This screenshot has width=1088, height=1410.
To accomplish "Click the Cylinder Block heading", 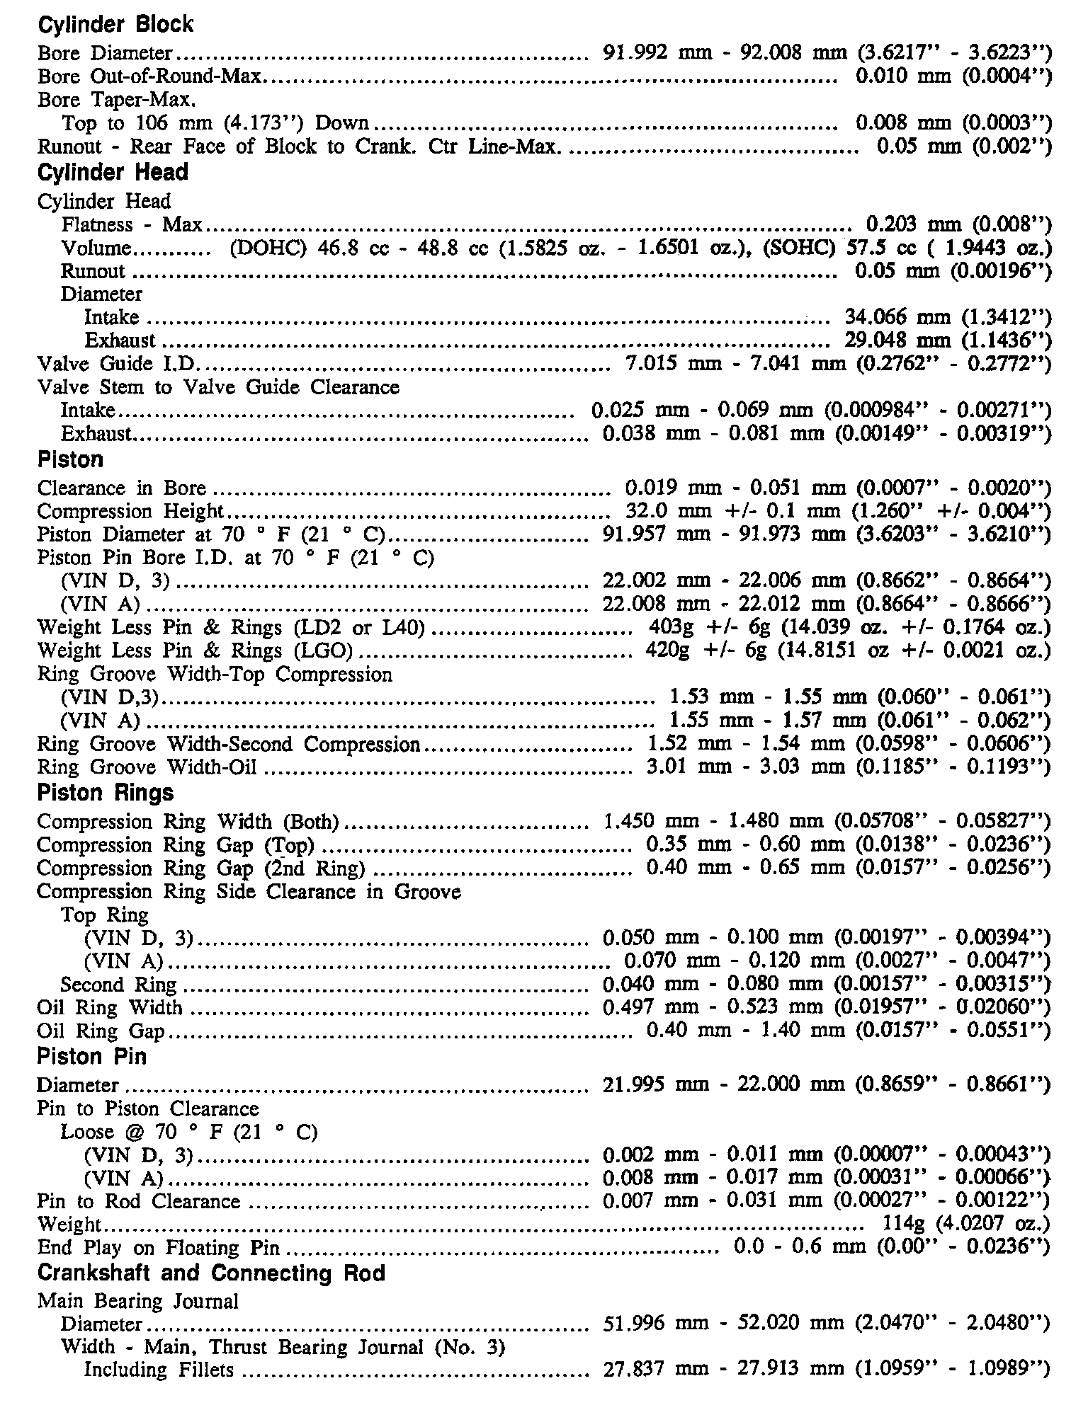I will click(x=115, y=25).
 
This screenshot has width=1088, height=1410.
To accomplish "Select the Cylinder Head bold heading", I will click(x=113, y=173).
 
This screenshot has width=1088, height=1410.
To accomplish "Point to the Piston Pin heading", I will click(x=91, y=1057).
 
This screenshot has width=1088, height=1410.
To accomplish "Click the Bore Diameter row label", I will click(x=105, y=53).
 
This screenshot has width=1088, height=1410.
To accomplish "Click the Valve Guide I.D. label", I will click(x=118, y=364).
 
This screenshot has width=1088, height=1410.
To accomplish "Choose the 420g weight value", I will click(x=664, y=650).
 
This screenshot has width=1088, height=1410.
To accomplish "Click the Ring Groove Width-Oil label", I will click(x=147, y=767).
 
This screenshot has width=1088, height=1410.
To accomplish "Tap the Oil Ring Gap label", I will click(x=101, y=1031).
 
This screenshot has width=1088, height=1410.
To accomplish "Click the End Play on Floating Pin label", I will click(x=159, y=1247).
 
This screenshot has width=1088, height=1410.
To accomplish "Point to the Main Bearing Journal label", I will click(x=138, y=1301).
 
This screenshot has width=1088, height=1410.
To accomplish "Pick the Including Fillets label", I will click(x=159, y=1370).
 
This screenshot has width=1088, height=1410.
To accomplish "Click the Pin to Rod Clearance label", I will click(x=139, y=1201).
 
